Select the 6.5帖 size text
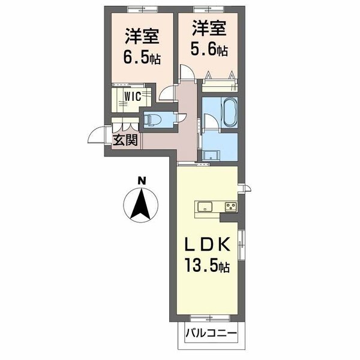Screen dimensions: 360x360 pos(142,59)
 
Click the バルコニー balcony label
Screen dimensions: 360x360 pos(210,332)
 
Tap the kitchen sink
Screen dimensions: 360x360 pos(204,207)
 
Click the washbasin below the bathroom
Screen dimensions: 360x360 pos(209,155)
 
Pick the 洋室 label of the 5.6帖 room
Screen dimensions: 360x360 pos(209,29)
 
